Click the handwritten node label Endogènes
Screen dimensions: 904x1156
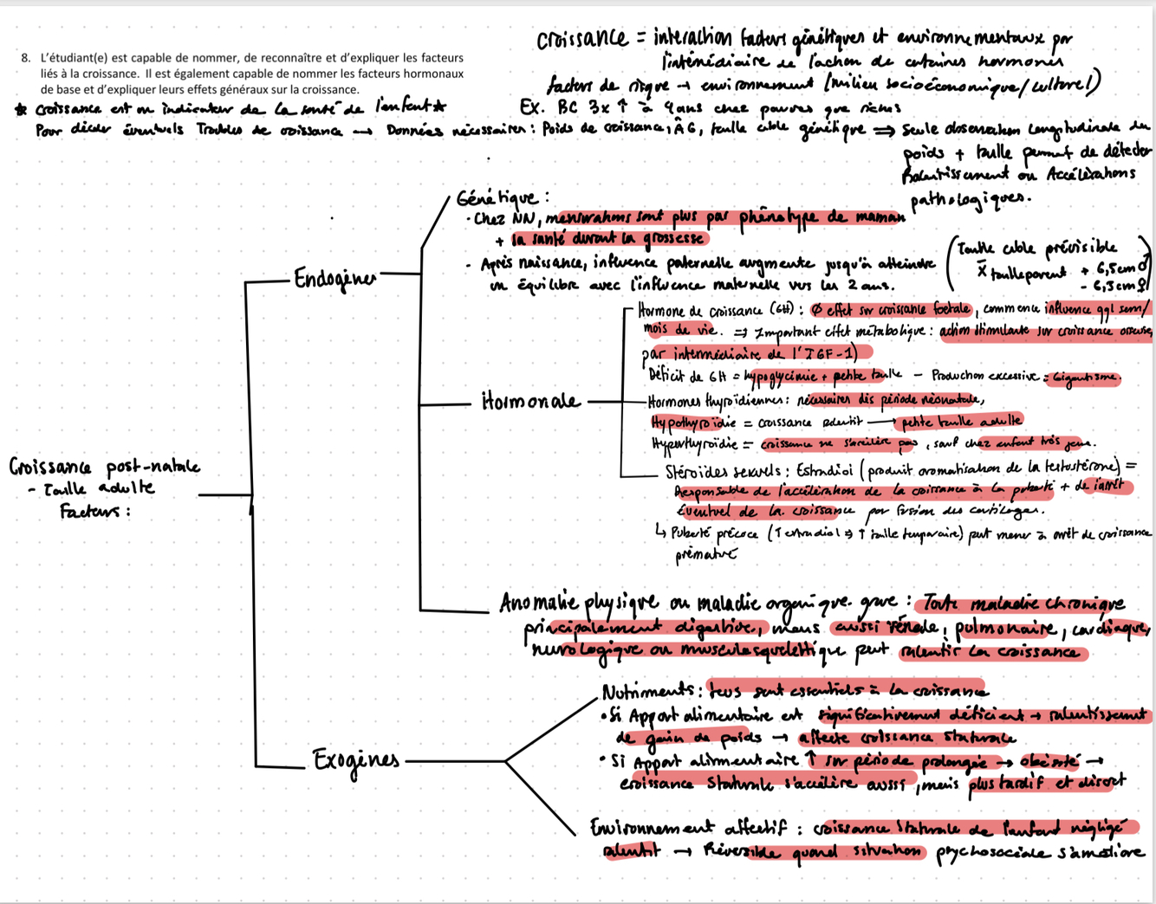pyautogui.click(x=335, y=279)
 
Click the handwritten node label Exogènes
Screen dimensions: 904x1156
pyautogui.click(x=356, y=761)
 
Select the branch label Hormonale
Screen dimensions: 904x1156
pyautogui.click(x=530, y=402)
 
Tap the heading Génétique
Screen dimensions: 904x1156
pyautogui.click(x=503, y=199)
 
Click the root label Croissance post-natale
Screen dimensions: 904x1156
pyautogui.click(x=104, y=468)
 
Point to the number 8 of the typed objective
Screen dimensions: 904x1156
pyautogui.click(x=26, y=58)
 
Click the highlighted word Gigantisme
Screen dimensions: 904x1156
pyautogui.click(x=1083, y=378)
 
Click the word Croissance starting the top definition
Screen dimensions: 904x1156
pyautogui.click(x=581, y=40)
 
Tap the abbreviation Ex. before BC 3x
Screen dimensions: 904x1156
pyautogui.click(x=531, y=107)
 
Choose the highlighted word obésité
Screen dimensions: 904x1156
pyautogui.click(x=1049, y=761)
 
